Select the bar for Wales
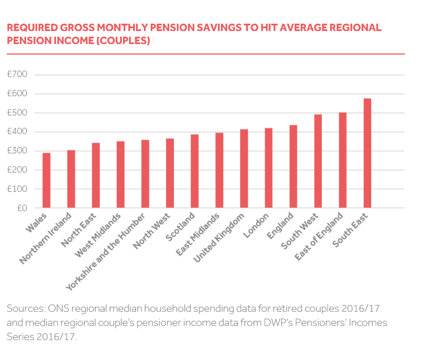[x=46, y=181]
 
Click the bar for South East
[x=367, y=153]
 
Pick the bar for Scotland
[x=194, y=171]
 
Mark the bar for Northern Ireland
[x=71, y=179]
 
